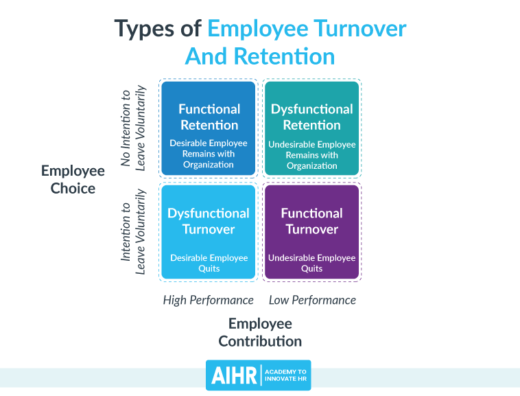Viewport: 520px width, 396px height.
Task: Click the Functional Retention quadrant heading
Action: click(209, 117)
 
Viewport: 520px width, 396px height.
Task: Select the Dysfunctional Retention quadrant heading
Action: click(311, 117)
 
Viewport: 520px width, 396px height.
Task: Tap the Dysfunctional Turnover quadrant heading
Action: click(209, 221)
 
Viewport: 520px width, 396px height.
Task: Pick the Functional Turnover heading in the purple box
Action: click(311, 221)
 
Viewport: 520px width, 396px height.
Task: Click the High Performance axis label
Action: click(208, 300)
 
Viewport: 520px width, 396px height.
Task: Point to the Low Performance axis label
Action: click(312, 300)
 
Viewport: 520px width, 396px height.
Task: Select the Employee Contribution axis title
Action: click(260, 332)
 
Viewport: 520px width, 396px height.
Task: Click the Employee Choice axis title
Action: click(73, 179)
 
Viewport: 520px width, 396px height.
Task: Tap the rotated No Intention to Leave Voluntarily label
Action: click(132, 127)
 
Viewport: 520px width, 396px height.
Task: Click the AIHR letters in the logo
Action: click(233, 375)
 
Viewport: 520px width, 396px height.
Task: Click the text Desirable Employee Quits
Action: click(209, 263)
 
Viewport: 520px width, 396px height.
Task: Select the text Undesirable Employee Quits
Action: click(311, 263)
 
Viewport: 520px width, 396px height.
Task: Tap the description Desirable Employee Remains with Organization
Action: click(209, 154)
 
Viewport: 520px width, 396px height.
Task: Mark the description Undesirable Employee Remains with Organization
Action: click(311, 155)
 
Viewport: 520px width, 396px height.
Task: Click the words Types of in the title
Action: click(158, 29)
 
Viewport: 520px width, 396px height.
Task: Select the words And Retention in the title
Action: click(260, 56)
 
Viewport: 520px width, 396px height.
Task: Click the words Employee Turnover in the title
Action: click(307, 29)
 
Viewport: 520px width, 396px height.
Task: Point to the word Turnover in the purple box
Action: click(311, 229)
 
